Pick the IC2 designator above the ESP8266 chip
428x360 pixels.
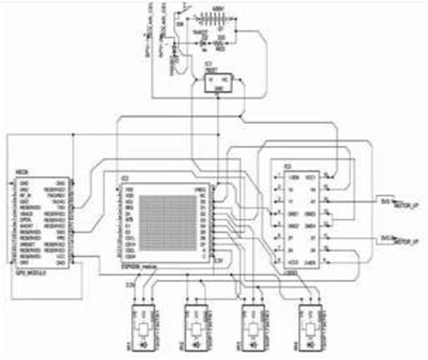click(x=126, y=177)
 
